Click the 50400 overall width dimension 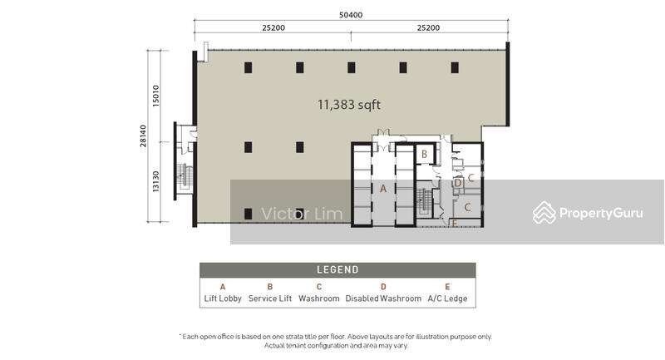point(351,15)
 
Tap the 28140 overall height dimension point(143,136)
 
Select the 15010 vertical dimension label point(156,96)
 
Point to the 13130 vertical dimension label point(156,181)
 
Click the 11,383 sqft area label point(349,105)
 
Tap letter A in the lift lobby point(383,189)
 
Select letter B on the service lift point(424,155)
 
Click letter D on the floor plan point(458,183)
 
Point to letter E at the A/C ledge point(454,224)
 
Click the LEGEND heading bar point(337,269)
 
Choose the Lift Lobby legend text point(223,298)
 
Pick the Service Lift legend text point(270,298)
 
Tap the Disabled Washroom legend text point(383,298)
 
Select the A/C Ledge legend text point(447,298)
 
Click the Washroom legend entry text point(319,298)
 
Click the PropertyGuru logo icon point(544,213)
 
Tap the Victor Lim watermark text point(302,215)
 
